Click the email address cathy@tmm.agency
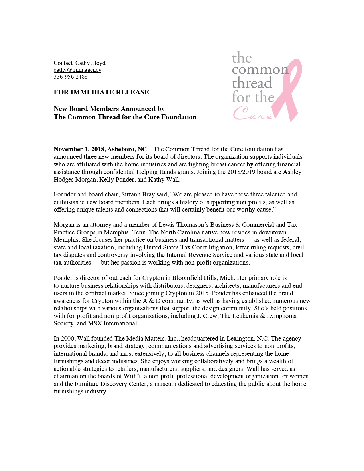77,70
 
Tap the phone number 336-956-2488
71,77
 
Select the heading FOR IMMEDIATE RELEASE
101,92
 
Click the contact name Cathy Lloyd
90,63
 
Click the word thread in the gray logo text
252,83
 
